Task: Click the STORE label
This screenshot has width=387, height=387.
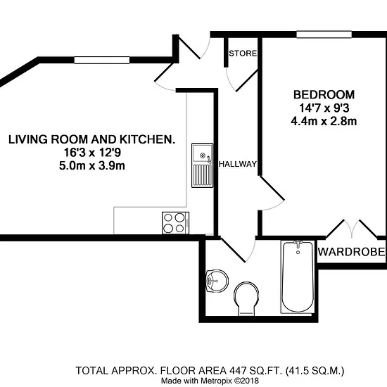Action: [x=243, y=53]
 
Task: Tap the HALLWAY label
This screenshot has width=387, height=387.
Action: [x=238, y=164]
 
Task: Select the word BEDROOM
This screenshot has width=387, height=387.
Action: [x=324, y=95]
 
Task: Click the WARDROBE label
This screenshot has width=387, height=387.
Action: [x=351, y=252]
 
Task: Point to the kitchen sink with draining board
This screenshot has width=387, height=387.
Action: [x=203, y=165]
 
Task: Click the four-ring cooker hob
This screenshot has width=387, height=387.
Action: [x=175, y=223]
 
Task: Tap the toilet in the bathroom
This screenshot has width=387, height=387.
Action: [x=246, y=298]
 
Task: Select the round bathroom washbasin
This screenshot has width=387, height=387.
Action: [x=217, y=281]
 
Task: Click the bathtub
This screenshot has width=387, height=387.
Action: [x=298, y=277]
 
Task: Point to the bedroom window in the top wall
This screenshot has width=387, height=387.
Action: [x=324, y=34]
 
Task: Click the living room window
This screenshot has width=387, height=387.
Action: [x=102, y=60]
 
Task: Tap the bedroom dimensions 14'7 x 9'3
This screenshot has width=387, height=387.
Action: [x=324, y=108]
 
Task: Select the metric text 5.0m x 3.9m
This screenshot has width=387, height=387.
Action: [x=91, y=165]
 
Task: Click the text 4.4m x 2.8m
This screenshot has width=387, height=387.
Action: [x=324, y=122]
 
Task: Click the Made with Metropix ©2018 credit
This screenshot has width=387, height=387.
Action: [x=210, y=381]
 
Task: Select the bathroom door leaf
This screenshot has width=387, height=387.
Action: [x=233, y=250]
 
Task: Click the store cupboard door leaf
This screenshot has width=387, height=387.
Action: [x=247, y=81]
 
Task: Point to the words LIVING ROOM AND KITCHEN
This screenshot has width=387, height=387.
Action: [x=91, y=140]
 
